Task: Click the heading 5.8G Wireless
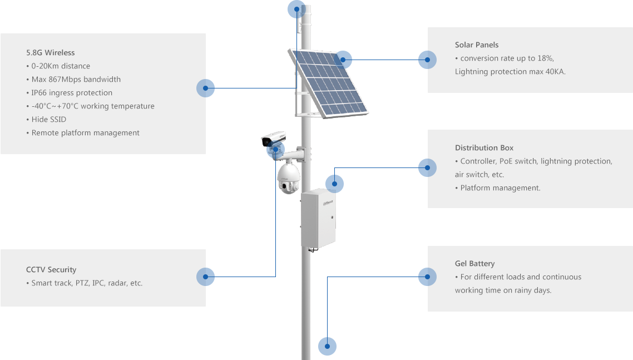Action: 50,53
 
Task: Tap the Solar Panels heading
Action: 477,45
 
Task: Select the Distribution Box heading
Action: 484,148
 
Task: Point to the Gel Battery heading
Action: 474,264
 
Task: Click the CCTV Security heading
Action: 51,270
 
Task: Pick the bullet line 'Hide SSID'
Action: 48,120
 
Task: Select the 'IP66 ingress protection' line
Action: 72,93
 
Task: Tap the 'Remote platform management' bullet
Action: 85,133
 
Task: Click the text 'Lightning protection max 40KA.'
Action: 510,72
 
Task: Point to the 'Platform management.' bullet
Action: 500,188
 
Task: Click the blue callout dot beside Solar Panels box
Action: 427,60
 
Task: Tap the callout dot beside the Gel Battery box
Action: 427,277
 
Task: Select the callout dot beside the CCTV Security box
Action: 205,277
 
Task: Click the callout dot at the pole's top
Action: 296,9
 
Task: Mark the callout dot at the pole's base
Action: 327,346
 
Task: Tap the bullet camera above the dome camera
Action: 273,139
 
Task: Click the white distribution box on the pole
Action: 318,218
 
